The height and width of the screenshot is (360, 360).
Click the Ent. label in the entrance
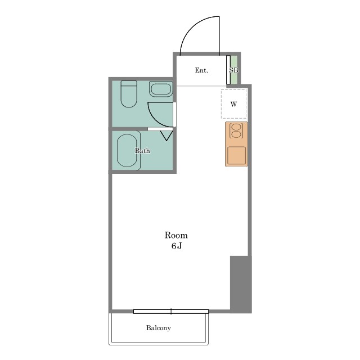tap(201, 70)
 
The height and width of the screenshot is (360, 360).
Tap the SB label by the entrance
tap(234, 70)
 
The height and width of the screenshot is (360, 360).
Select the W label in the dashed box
tap(233, 104)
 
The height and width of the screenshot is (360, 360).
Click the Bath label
tap(142, 151)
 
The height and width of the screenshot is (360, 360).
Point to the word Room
tap(176, 235)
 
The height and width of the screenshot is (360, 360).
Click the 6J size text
tap(177, 246)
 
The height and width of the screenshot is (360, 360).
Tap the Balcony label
tap(159, 328)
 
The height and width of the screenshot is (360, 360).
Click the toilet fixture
tap(129, 94)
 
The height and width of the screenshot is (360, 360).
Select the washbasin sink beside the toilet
tap(161, 89)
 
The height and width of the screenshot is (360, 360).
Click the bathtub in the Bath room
tap(127, 151)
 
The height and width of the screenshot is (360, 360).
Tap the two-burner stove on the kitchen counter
tap(236, 131)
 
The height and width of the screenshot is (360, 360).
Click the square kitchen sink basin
tap(236, 155)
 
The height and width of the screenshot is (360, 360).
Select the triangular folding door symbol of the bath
tap(166, 136)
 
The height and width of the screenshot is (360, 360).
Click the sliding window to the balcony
tap(171, 311)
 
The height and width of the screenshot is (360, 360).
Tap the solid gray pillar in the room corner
tap(241, 284)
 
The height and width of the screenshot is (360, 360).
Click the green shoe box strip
tap(234, 70)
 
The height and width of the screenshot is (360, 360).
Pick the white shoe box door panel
tap(228, 70)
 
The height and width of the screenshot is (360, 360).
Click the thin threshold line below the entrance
tap(201, 86)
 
